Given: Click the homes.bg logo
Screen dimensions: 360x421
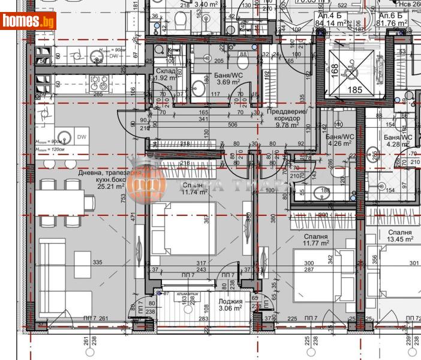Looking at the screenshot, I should (x=28, y=21).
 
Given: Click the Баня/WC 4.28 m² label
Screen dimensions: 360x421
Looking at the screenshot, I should (x=398, y=140).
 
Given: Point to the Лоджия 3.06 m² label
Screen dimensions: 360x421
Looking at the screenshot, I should (x=230, y=305).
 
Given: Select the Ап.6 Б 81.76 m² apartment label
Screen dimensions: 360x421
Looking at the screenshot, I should (x=390, y=21).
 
